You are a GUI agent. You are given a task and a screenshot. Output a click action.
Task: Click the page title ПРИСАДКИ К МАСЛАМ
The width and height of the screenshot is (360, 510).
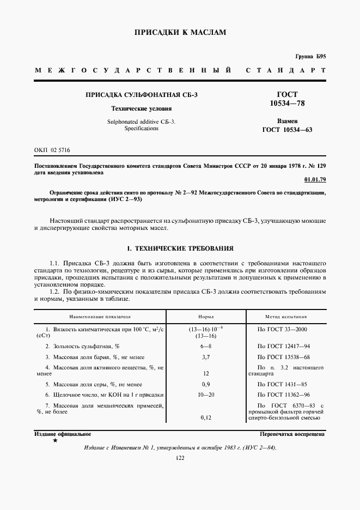pyautogui.click(x=180, y=33)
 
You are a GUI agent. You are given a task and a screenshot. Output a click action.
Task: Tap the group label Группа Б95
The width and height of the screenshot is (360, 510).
pyautogui.click(x=310, y=57)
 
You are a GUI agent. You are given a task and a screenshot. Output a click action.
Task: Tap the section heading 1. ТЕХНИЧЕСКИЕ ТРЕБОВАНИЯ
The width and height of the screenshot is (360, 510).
pyautogui.click(x=180, y=248)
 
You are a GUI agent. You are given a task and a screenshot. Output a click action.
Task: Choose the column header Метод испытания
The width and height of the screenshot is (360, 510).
pyautogui.click(x=285, y=316)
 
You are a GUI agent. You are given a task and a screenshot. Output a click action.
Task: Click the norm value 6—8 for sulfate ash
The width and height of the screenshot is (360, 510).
pyautogui.click(x=206, y=347)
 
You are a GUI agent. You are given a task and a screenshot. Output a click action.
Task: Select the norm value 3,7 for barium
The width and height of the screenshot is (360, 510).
pyautogui.click(x=206, y=356)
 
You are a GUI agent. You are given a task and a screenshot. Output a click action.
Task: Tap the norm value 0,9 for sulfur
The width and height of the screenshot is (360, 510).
pyautogui.click(x=206, y=384)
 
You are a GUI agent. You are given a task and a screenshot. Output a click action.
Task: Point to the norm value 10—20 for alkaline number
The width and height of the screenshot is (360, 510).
pyautogui.click(x=206, y=394)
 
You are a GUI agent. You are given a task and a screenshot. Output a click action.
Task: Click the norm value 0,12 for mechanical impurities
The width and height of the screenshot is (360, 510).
pyautogui.click(x=206, y=417)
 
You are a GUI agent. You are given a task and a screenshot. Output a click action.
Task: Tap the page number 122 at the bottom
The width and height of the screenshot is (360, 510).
pyautogui.click(x=180, y=458)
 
